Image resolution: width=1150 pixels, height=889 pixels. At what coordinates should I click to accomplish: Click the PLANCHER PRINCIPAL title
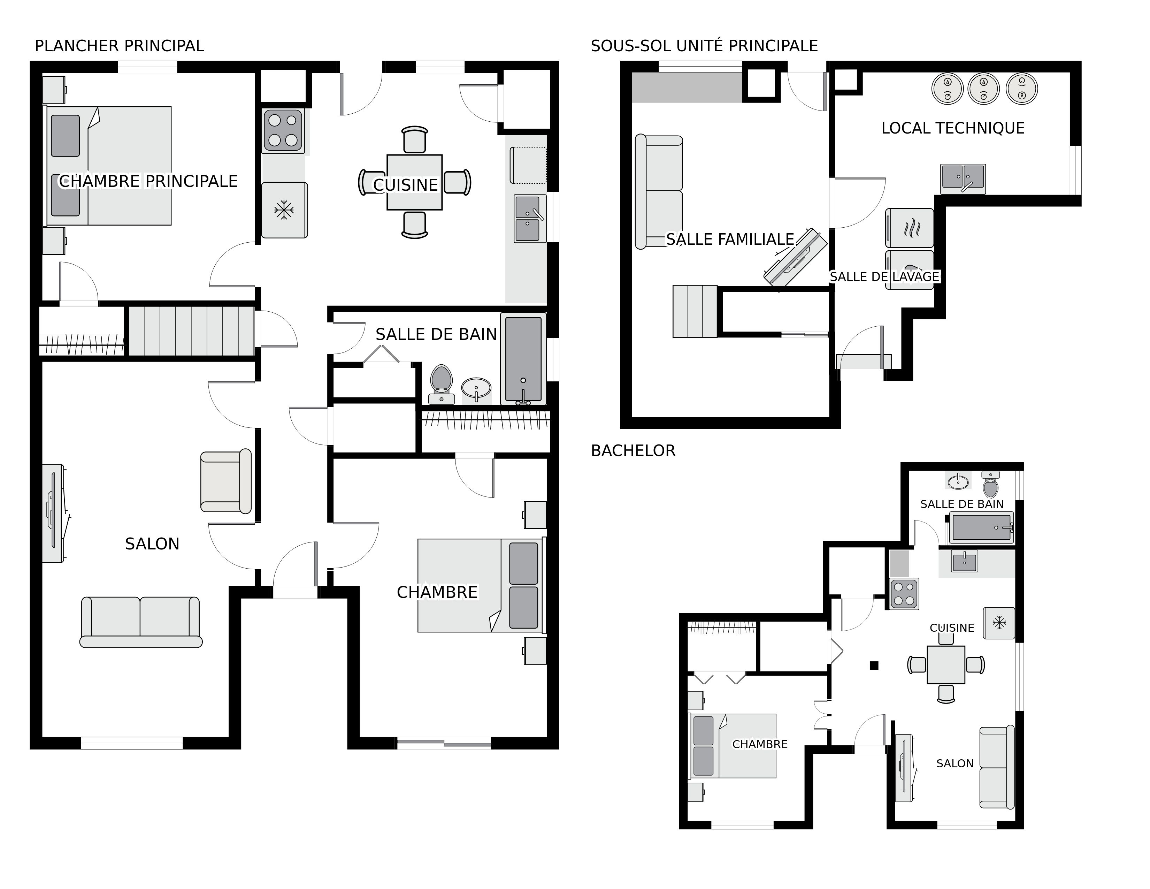pos(119,46)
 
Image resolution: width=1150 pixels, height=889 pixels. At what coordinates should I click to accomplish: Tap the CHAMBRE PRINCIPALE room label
pos(148,181)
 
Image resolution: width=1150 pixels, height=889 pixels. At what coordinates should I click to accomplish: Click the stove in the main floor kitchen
pos(283,131)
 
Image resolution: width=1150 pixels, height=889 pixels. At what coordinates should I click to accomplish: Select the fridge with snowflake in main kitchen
pos(284,210)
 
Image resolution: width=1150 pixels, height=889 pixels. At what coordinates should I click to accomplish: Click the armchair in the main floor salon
pos(225,481)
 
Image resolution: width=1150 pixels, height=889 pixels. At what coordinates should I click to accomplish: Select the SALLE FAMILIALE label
pos(730,240)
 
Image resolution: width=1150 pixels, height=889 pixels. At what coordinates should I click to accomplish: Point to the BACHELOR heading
pos(633,451)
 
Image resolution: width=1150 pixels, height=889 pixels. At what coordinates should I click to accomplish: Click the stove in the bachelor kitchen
pos(904,594)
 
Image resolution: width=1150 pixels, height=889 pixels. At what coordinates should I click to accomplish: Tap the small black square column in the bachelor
pos(874,666)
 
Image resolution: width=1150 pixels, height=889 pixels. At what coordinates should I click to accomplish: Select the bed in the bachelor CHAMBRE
pos(733,746)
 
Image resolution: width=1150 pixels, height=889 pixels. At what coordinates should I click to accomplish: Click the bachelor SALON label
pos(955,763)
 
